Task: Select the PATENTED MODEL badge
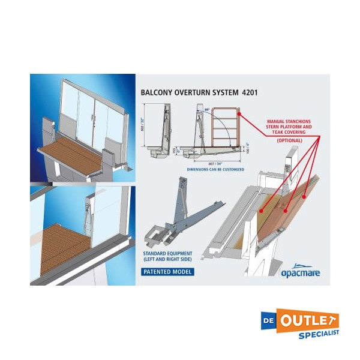point(167,271)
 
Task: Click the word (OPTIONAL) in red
point(289,140)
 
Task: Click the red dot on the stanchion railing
point(239,112)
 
